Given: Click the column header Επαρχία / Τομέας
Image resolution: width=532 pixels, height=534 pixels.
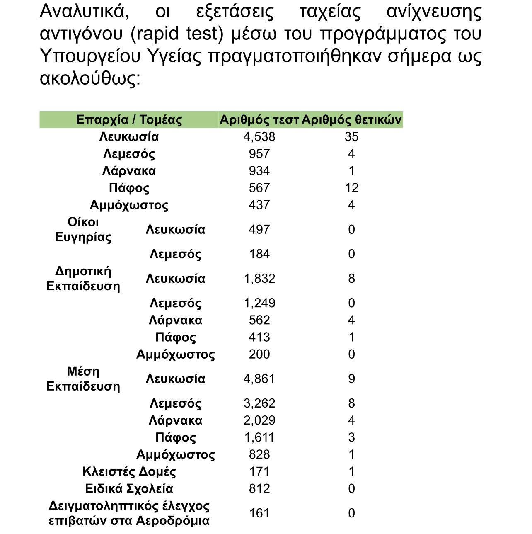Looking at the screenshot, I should [129, 120].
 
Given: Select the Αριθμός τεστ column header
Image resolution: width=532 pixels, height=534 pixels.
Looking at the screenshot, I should [259, 120].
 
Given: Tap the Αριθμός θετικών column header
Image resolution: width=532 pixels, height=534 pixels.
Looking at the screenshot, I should [351, 120].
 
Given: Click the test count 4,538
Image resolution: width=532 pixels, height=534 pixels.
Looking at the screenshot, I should [259, 137].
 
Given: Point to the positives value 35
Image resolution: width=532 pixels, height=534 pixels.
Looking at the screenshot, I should [351, 137].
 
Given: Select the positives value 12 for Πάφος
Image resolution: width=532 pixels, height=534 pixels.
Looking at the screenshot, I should [351, 188].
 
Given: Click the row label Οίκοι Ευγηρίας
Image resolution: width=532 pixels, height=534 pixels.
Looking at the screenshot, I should [83, 230].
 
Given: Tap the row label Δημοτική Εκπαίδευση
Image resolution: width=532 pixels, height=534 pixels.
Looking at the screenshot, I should [83, 279].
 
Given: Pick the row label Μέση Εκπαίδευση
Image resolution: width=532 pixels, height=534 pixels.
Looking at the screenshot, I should [83, 379].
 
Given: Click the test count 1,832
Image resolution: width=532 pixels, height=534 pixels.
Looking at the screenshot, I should [259, 279].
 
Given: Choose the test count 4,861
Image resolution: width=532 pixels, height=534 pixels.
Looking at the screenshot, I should [259, 379].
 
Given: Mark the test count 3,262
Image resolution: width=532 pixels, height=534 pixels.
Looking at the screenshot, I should [259, 403].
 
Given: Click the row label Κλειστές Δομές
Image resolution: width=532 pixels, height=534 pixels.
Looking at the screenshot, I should [129, 471].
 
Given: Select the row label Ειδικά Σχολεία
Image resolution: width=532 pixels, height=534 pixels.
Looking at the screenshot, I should [129, 488].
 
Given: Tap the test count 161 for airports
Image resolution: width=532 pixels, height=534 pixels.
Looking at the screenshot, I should [259, 513].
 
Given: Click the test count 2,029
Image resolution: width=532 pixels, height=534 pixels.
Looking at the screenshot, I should [259, 420].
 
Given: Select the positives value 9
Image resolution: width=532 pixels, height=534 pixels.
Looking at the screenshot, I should [351, 379].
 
